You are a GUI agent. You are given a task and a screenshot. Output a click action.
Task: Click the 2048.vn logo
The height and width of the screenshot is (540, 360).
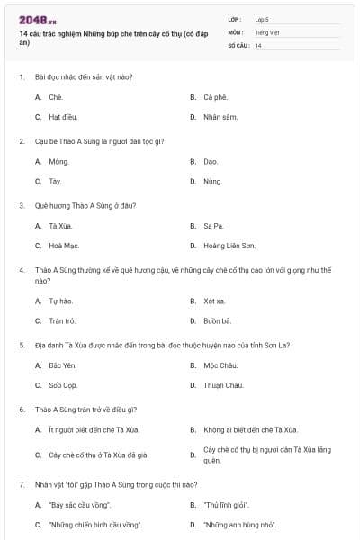point(38,19)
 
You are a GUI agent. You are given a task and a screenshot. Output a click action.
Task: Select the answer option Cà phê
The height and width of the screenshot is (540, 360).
point(214,96)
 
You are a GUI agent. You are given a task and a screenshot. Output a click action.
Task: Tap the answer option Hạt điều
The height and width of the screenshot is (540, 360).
point(61,117)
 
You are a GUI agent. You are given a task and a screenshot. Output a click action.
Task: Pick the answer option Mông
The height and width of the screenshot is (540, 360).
point(58,161)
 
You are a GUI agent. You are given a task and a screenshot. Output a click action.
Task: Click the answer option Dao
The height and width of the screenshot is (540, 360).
point(211,161)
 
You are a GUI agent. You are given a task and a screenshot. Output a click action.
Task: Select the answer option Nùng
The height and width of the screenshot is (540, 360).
point(212,181)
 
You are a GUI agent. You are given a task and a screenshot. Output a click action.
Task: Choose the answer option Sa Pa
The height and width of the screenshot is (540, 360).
point(212,225)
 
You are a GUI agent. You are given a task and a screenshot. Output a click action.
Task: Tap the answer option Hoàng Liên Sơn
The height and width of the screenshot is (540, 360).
point(229,245)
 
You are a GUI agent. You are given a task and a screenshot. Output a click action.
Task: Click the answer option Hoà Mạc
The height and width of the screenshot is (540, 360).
point(64,245)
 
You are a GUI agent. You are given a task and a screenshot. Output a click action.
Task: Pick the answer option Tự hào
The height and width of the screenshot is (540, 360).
point(60,300)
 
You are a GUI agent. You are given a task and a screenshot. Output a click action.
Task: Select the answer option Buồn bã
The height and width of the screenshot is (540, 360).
point(217,319)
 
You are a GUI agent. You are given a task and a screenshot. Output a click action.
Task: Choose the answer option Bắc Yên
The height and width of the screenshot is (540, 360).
point(61,364)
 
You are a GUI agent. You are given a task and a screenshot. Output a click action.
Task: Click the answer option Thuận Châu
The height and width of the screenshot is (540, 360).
point(223,384)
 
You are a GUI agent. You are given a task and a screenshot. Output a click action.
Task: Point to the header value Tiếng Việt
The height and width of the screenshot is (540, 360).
point(267,31)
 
